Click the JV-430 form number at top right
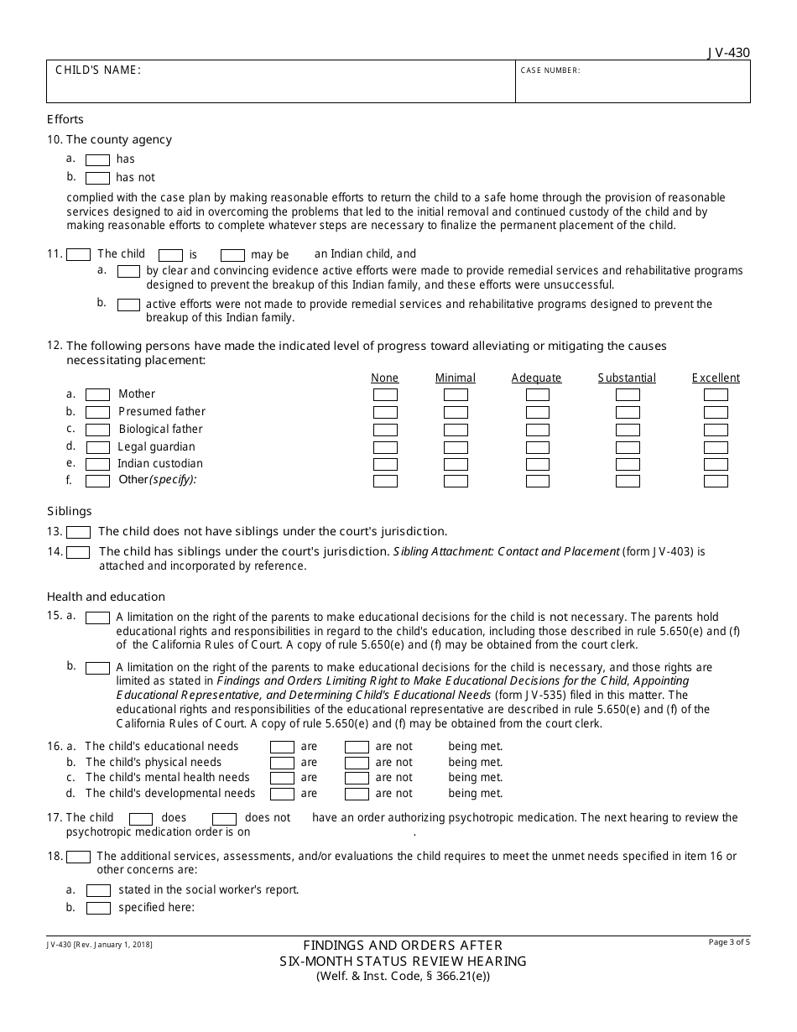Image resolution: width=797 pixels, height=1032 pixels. (x=728, y=53)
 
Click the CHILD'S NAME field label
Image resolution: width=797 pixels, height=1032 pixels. (x=98, y=70)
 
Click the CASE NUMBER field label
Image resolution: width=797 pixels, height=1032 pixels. (x=550, y=70)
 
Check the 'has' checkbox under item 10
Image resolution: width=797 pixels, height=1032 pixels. (x=98, y=159)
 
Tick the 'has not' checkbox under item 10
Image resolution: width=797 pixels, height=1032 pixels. (x=98, y=178)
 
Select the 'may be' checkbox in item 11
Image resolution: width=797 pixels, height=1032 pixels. (x=232, y=255)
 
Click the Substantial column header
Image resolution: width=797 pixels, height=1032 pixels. (x=627, y=378)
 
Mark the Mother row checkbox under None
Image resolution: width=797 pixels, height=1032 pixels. (x=385, y=394)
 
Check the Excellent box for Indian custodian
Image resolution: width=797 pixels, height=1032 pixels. (x=716, y=464)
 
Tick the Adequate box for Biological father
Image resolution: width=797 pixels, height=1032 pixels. (x=537, y=430)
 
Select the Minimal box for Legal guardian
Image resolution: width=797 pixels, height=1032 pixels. (x=456, y=447)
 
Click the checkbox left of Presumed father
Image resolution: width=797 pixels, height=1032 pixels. (x=98, y=412)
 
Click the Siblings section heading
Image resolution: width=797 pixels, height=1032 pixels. (x=70, y=511)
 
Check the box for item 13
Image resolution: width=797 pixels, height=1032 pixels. (x=78, y=532)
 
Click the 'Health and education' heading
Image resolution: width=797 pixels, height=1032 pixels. (x=106, y=597)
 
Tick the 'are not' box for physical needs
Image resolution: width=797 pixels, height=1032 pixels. (x=357, y=763)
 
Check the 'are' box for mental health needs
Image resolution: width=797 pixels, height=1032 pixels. (x=282, y=778)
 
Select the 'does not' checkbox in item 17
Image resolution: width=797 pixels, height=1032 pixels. (x=224, y=819)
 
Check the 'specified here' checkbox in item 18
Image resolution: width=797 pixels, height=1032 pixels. (x=98, y=908)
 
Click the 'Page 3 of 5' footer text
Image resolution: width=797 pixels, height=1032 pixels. (x=729, y=942)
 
